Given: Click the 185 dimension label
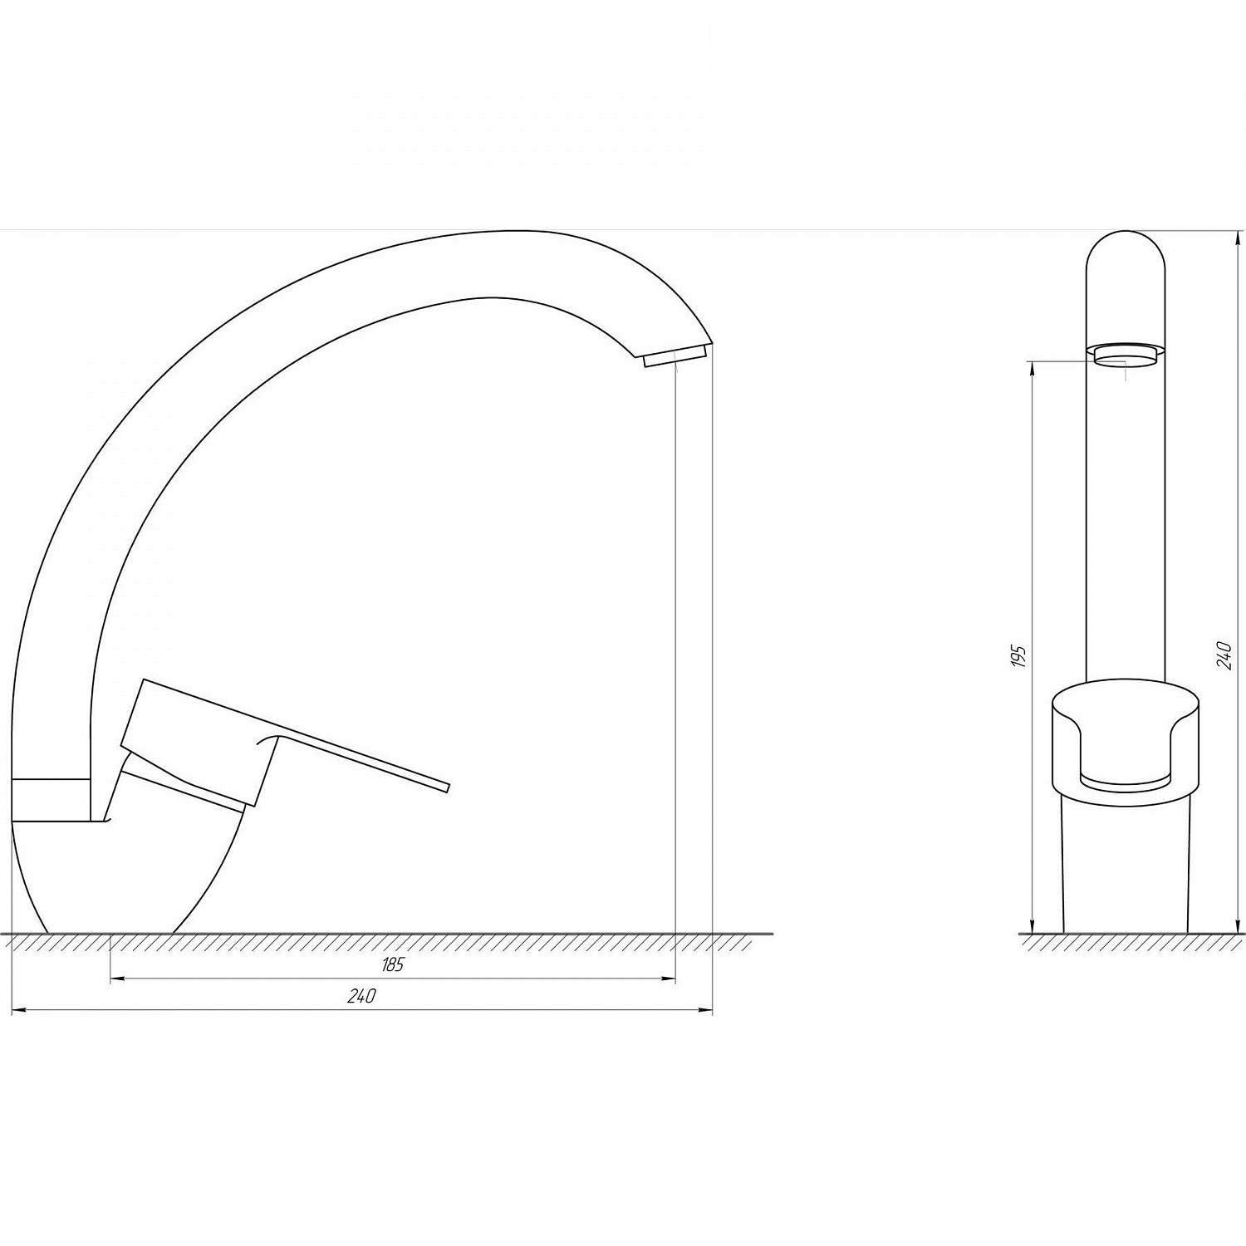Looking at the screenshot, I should [x=393, y=965].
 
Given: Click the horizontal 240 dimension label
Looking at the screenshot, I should [x=361, y=997].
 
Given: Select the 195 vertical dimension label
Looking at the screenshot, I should [x=1021, y=655].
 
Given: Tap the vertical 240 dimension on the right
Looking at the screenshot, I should [x=1222, y=655].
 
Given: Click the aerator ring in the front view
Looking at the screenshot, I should [x=1126, y=356].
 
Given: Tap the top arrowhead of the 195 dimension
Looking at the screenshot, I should [x=1031, y=368].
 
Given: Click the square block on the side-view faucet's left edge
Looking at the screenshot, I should [x=50, y=800].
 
